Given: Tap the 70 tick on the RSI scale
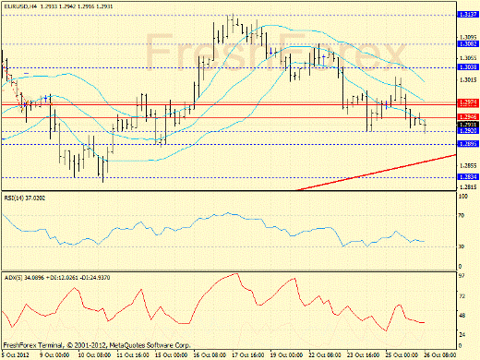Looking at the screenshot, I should tap(461, 215).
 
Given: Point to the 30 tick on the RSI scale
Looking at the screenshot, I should tap(461, 246).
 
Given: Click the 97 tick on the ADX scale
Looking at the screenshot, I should tap(461, 275).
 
